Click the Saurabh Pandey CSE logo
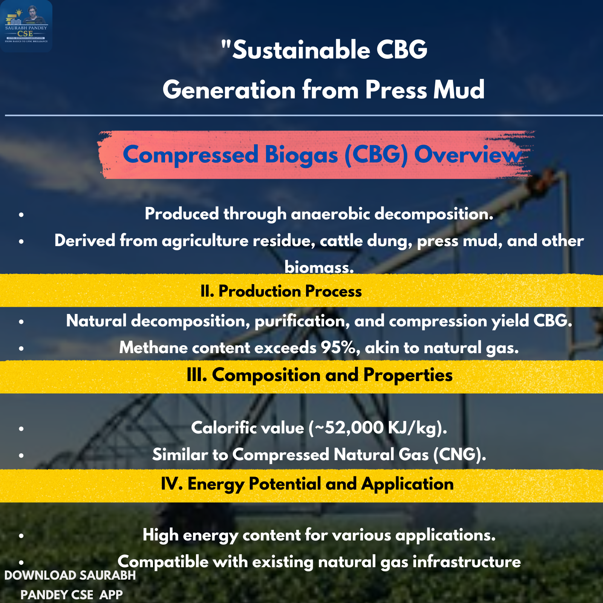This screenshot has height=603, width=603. click(x=26, y=26)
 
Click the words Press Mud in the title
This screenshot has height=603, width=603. click(x=425, y=90)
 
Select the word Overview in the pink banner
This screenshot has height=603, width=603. click(x=468, y=155)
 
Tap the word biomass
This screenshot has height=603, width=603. click(x=319, y=267)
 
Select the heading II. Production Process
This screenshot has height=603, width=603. click(x=281, y=291)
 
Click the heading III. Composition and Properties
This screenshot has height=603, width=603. click(x=320, y=375)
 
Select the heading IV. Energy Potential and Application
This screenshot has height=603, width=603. click(x=307, y=484)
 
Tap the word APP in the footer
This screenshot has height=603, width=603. click(x=111, y=595)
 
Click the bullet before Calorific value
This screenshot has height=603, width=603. click(x=21, y=429)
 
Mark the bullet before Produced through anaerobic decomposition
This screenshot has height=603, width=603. click(x=21, y=215)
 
